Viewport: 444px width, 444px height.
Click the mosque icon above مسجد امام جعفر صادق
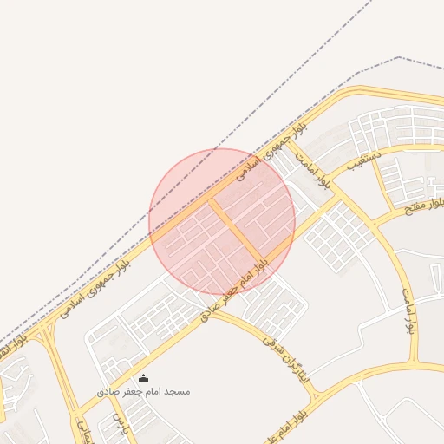click(144, 379)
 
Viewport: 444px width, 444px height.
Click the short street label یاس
click(119, 422)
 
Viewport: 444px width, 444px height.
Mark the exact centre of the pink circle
click(222, 221)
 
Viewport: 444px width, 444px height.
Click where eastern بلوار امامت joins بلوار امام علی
click(418, 363)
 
